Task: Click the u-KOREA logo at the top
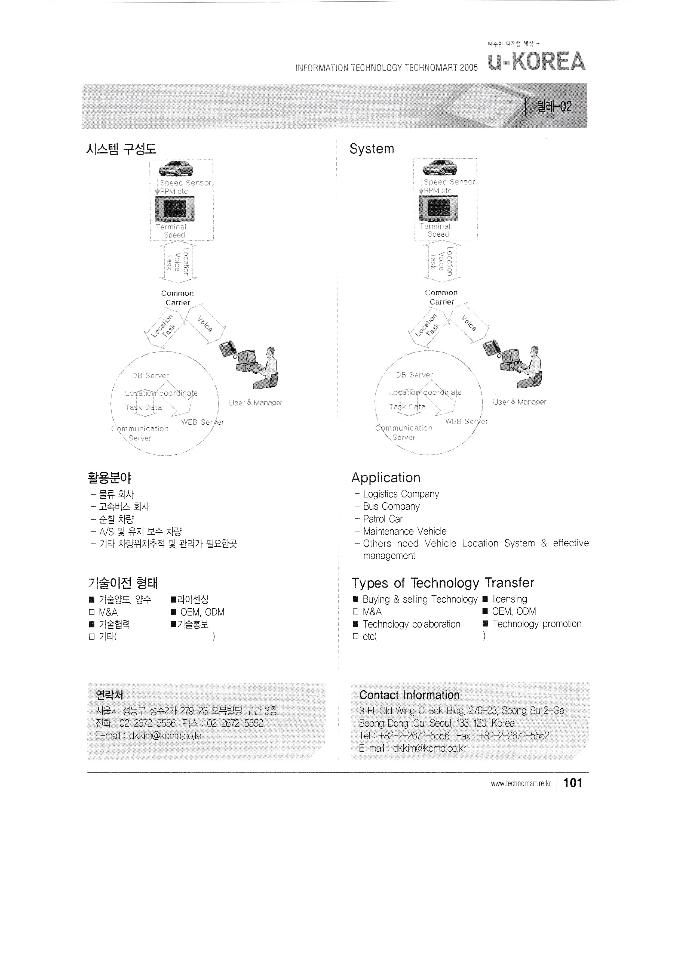click(536, 61)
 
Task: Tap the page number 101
click(573, 783)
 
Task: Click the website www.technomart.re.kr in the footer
click(520, 784)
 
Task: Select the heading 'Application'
click(386, 478)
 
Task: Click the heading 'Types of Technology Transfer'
click(443, 583)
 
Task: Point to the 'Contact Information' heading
click(409, 695)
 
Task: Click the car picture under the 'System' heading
click(439, 168)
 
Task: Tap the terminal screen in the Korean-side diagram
click(174, 209)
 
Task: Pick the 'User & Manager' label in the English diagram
click(520, 402)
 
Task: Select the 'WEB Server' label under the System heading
click(466, 421)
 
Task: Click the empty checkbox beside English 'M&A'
click(355, 612)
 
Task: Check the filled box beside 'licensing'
click(485, 599)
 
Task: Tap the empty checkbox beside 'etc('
click(355, 636)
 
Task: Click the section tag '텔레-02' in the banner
click(554, 107)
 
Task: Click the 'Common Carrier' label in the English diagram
click(441, 297)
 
